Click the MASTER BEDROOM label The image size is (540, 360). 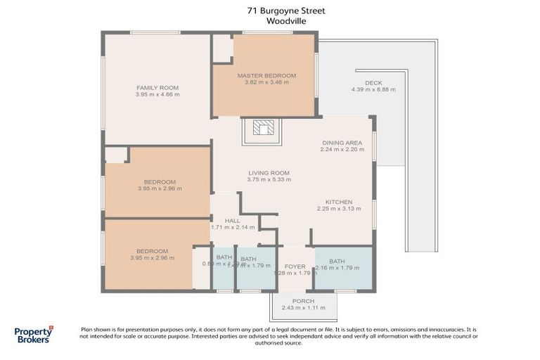pyautogui.click(x=266, y=75)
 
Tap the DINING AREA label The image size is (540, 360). pyautogui.click(x=342, y=143)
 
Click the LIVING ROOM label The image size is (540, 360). pyautogui.click(x=269, y=173)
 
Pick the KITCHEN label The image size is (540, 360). pyautogui.click(x=339, y=202)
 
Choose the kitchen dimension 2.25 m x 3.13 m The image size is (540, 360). pyautogui.click(x=339, y=209)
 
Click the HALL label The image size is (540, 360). pyautogui.click(x=232, y=220)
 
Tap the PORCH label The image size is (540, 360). pyautogui.click(x=304, y=301)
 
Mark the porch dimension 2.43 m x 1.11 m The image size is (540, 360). pyautogui.click(x=304, y=308)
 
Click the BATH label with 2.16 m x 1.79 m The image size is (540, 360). pyautogui.click(x=338, y=261)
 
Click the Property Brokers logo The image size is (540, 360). pyautogui.click(x=34, y=335)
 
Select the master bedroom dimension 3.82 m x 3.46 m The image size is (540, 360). pyautogui.click(x=266, y=82)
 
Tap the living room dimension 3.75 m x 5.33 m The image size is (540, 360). pyautogui.click(x=269, y=180)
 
